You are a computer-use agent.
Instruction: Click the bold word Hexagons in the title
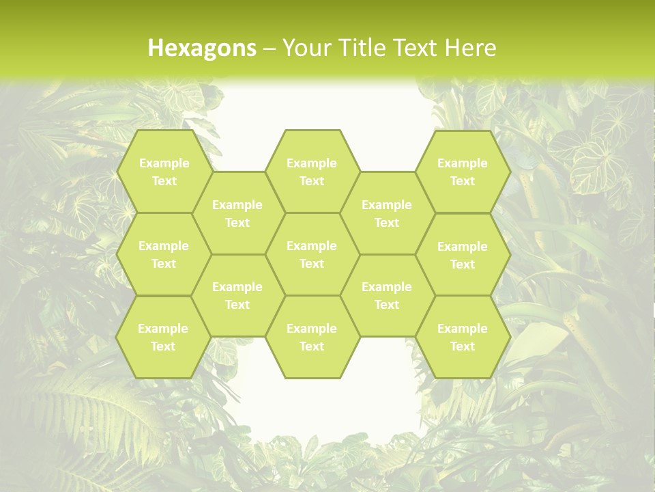[202, 48]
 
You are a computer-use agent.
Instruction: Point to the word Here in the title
[470, 48]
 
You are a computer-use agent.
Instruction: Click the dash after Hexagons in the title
[269, 48]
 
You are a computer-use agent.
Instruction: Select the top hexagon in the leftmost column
[164, 172]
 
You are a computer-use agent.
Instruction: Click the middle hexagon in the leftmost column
[164, 254]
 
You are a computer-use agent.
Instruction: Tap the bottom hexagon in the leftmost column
[163, 337]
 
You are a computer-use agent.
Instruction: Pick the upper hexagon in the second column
[237, 213]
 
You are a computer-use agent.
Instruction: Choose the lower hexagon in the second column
[237, 295]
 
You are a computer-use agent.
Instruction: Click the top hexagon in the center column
[312, 172]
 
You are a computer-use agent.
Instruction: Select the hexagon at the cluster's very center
[312, 254]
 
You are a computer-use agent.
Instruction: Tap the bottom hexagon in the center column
[312, 337]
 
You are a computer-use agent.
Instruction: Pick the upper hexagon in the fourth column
[387, 213]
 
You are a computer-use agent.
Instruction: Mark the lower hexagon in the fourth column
[387, 295]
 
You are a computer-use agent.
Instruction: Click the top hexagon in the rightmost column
[463, 172]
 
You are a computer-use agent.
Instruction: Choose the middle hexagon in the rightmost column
[463, 255]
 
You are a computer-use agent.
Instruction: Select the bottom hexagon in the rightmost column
[463, 337]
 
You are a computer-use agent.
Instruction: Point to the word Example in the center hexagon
[312, 246]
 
